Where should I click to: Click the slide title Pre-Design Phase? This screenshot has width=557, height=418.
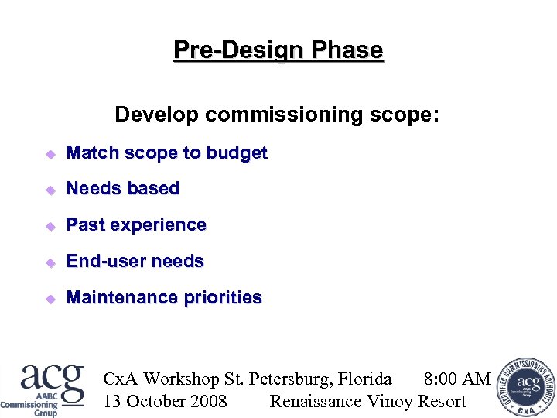pyautogui.click(x=278, y=50)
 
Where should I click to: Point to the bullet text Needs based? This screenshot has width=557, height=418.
pyautogui.click(x=123, y=189)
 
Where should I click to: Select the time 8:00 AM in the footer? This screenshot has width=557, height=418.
pyautogui.click(x=457, y=379)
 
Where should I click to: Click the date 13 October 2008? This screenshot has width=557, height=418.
pyautogui.click(x=165, y=401)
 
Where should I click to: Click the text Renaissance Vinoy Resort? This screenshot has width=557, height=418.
pyautogui.click(x=367, y=401)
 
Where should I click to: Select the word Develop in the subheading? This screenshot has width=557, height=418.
pyautogui.click(x=158, y=115)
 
